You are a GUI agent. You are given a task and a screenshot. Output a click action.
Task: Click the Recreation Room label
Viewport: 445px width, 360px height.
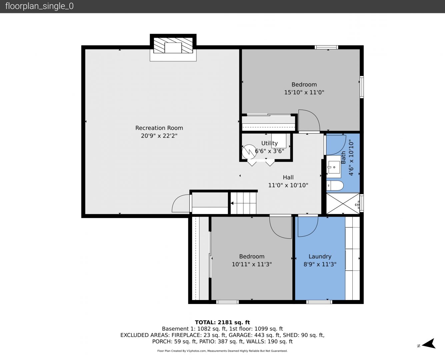159,128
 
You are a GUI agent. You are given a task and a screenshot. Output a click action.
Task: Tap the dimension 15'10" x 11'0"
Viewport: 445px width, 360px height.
304,92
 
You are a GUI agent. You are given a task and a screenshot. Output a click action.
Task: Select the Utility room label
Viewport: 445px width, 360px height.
269,143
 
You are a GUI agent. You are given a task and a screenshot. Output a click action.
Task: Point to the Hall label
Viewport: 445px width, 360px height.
288,177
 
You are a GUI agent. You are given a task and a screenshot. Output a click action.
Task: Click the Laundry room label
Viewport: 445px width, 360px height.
320,256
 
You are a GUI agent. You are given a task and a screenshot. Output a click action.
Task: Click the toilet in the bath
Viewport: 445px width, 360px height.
335,186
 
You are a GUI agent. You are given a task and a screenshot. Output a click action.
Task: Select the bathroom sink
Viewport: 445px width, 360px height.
334,167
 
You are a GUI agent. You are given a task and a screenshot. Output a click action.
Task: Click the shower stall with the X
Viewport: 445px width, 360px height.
343,204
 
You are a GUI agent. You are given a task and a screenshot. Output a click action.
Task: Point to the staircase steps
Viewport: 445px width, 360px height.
243,203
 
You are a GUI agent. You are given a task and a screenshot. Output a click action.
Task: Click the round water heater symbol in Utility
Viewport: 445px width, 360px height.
249,152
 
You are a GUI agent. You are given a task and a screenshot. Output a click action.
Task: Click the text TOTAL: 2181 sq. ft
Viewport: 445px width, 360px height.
222,322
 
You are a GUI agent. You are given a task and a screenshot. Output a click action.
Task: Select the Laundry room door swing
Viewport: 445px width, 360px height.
308,226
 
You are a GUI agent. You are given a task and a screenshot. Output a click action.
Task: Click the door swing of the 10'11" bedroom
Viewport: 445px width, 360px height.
280,227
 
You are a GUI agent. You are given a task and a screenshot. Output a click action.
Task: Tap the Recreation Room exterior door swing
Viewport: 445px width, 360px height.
181,203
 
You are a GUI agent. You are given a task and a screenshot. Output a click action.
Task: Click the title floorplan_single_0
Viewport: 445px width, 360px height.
39,6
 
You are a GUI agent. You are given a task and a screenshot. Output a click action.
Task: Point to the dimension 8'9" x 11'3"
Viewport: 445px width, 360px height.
320,264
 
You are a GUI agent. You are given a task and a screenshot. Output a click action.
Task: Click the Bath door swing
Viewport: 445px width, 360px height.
336,145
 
